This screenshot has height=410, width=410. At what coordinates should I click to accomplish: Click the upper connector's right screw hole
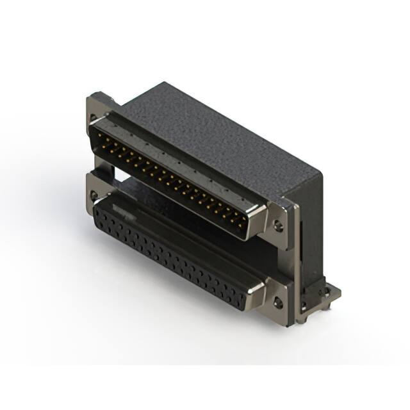point(278,225)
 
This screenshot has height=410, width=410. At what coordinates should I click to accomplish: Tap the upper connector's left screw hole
point(94,118)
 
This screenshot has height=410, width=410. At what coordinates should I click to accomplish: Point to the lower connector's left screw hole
point(94,195)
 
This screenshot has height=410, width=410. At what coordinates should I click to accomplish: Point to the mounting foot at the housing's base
point(324,296)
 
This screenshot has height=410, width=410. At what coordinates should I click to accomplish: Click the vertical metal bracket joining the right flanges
point(293,263)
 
